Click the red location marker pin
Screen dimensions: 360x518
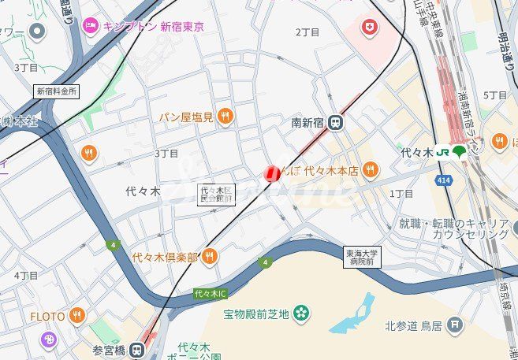click(x=272, y=173)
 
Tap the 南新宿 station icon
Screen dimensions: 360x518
click(x=337, y=122)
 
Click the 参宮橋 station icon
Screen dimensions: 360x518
click(x=138, y=349)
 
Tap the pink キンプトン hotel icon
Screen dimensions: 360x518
click(x=91, y=26)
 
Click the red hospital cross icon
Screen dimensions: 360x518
click(x=368, y=29)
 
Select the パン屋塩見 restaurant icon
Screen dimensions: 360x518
click(x=225, y=117)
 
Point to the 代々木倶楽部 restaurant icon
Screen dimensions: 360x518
click(x=209, y=256)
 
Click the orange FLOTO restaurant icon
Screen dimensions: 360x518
click(x=76, y=317)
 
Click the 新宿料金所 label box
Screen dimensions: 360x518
click(x=57, y=91)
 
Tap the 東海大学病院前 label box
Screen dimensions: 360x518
click(x=362, y=258)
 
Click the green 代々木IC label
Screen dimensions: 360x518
click(x=211, y=294)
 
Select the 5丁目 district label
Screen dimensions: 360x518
click(x=494, y=95)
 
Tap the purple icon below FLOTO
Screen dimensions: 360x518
click(x=49, y=340)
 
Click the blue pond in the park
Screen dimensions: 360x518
click(x=352, y=316)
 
